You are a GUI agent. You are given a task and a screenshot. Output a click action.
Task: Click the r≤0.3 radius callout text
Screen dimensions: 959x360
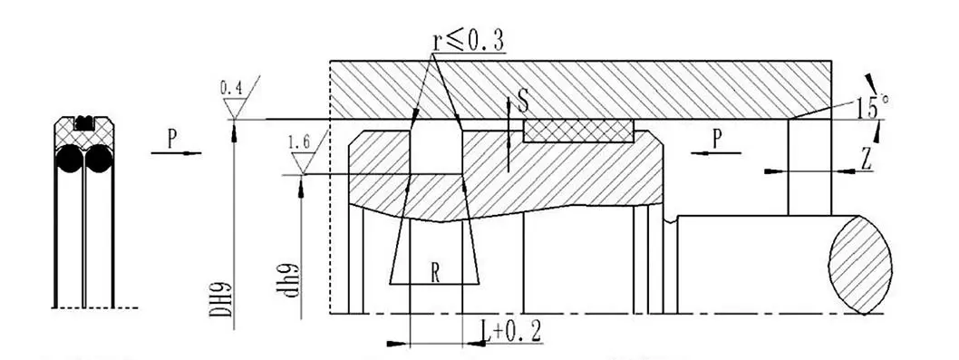click(x=469, y=41)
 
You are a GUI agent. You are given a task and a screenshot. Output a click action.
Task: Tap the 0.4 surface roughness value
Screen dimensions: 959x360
click(x=231, y=89)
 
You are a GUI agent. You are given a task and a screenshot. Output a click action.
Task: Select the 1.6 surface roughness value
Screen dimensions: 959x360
click(x=299, y=143)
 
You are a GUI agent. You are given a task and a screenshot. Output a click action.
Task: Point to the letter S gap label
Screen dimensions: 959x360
click(x=523, y=101)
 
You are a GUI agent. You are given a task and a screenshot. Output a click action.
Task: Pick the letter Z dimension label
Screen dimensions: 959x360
click(x=866, y=160)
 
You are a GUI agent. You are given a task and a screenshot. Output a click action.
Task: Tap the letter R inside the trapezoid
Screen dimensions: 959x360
click(x=435, y=272)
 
